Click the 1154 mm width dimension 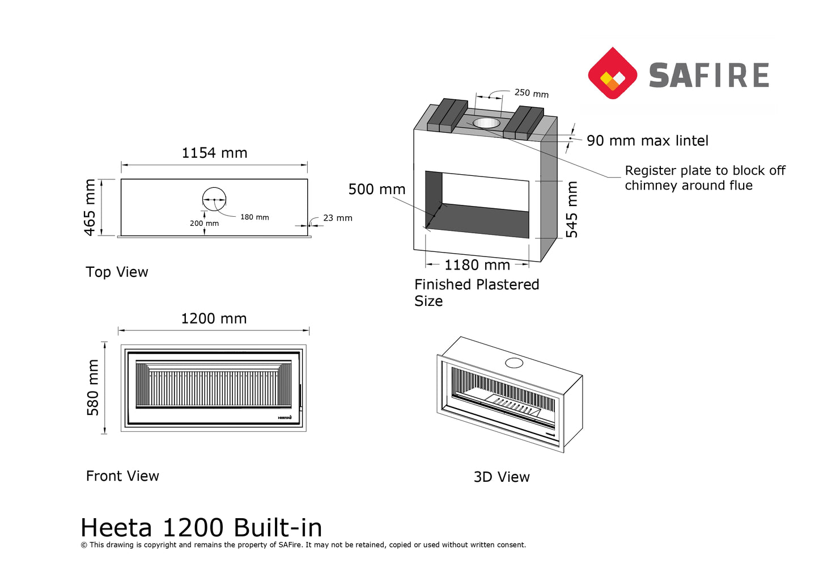[214, 153]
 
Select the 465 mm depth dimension [90, 207]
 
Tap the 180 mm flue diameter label [254, 217]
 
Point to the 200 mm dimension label [204, 224]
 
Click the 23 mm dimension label [337, 218]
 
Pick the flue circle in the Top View [214, 199]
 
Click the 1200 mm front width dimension [214, 319]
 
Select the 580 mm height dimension [93, 387]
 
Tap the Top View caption [117, 272]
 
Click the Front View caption [122, 476]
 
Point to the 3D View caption [502, 477]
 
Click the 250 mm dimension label [531, 93]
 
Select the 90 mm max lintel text [647, 141]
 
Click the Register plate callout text [705, 178]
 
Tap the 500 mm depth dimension [377, 190]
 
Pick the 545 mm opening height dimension [572, 209]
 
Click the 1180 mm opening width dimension [477, 265]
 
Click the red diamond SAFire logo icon [612, 74]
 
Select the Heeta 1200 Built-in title [201, 528]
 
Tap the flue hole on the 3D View [514, 363]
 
